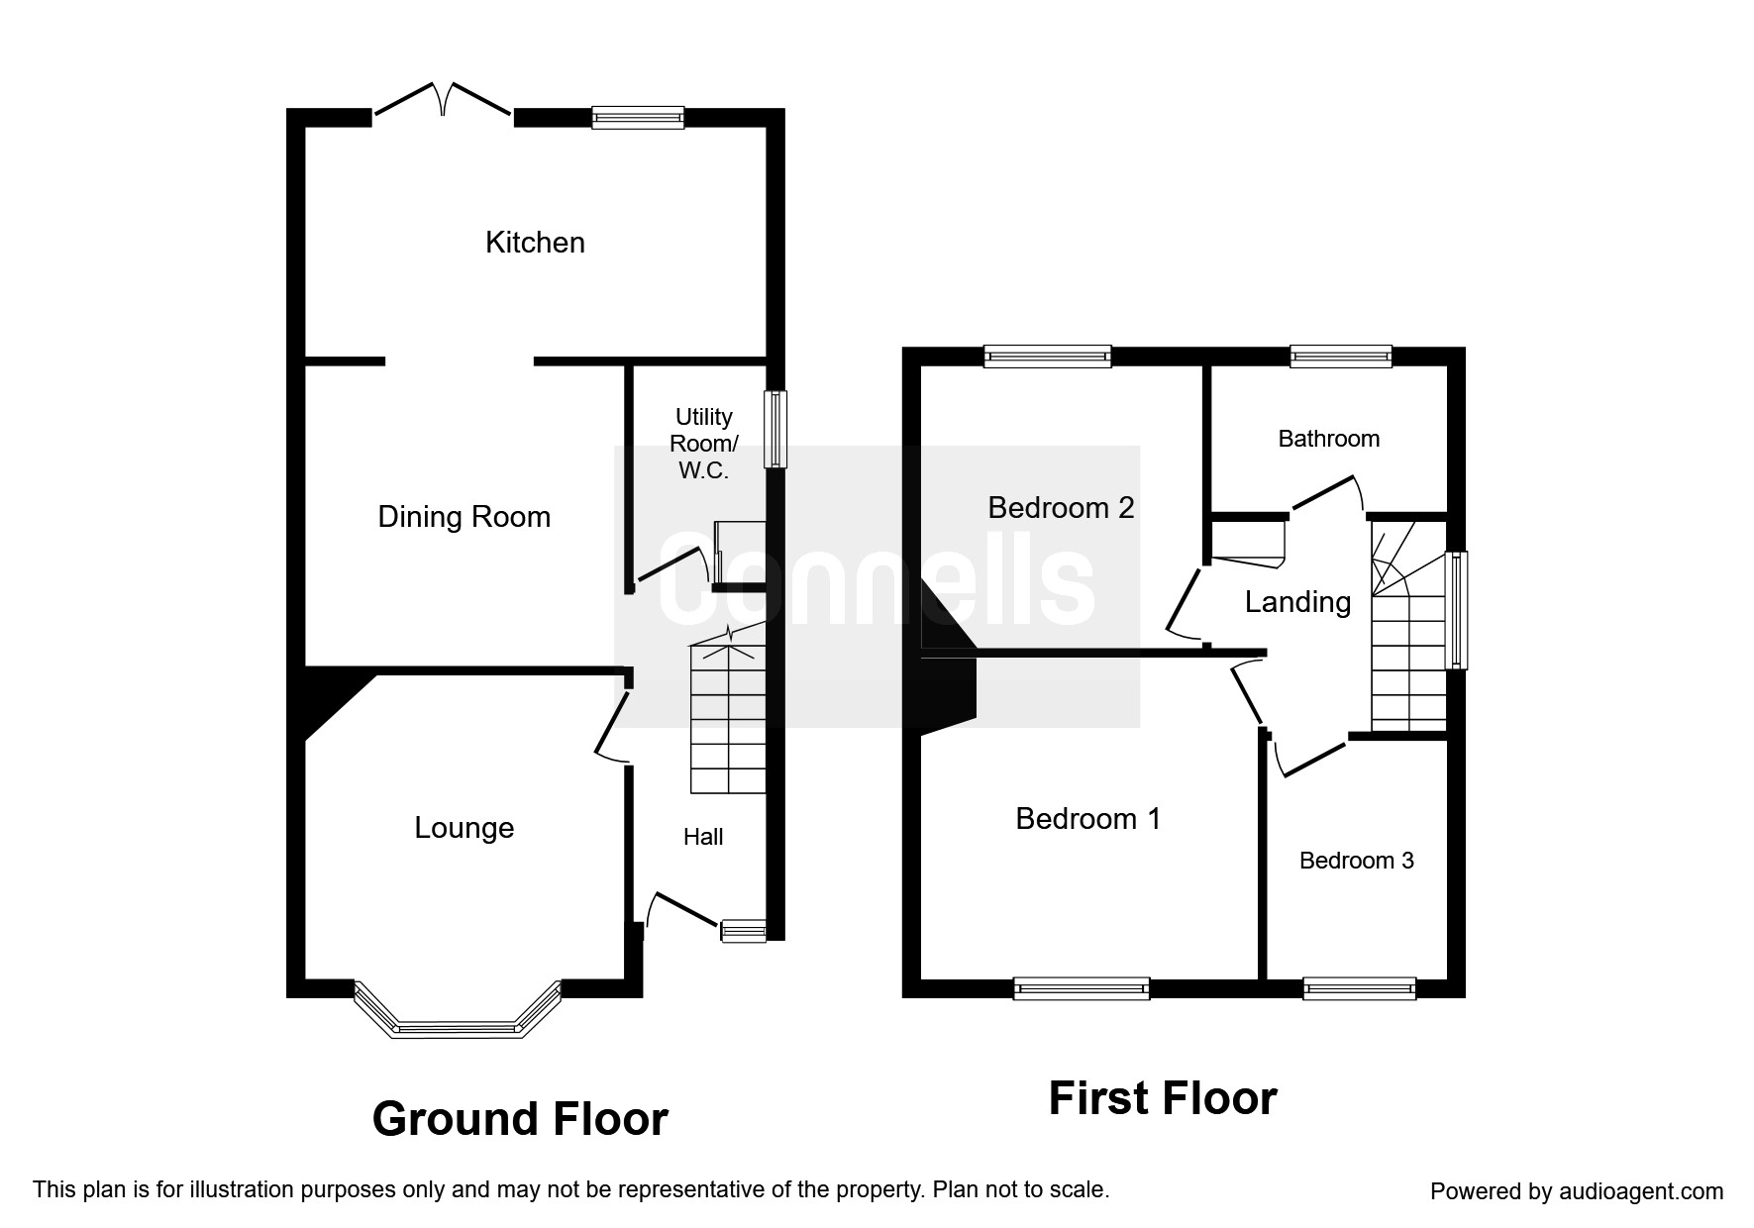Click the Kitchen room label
click(x=535, y=243)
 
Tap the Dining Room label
click(x=464, y=517)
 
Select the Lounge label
click(x=464, y=828)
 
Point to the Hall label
click(x=703, y=837)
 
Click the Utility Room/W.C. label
click(x=704, y=444)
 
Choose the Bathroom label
click(x=1328, y=439)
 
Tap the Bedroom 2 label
click(x=1061, y=508)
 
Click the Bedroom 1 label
click(x=1087, y=819)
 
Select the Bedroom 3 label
click(x=1356, y=861)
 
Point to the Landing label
click(x=1297, y=602)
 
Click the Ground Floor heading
click(x=520, y=1119)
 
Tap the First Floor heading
click(x=1163, y=1099)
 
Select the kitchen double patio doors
click(x=444, y=101)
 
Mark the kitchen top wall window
click(x=638, y=117)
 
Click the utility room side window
click(x=775, y=429)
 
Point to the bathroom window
click(x=1341, y=357)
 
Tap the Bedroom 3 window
click(x=1360, y=988)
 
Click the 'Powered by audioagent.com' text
click(x=1577, y=1191)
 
